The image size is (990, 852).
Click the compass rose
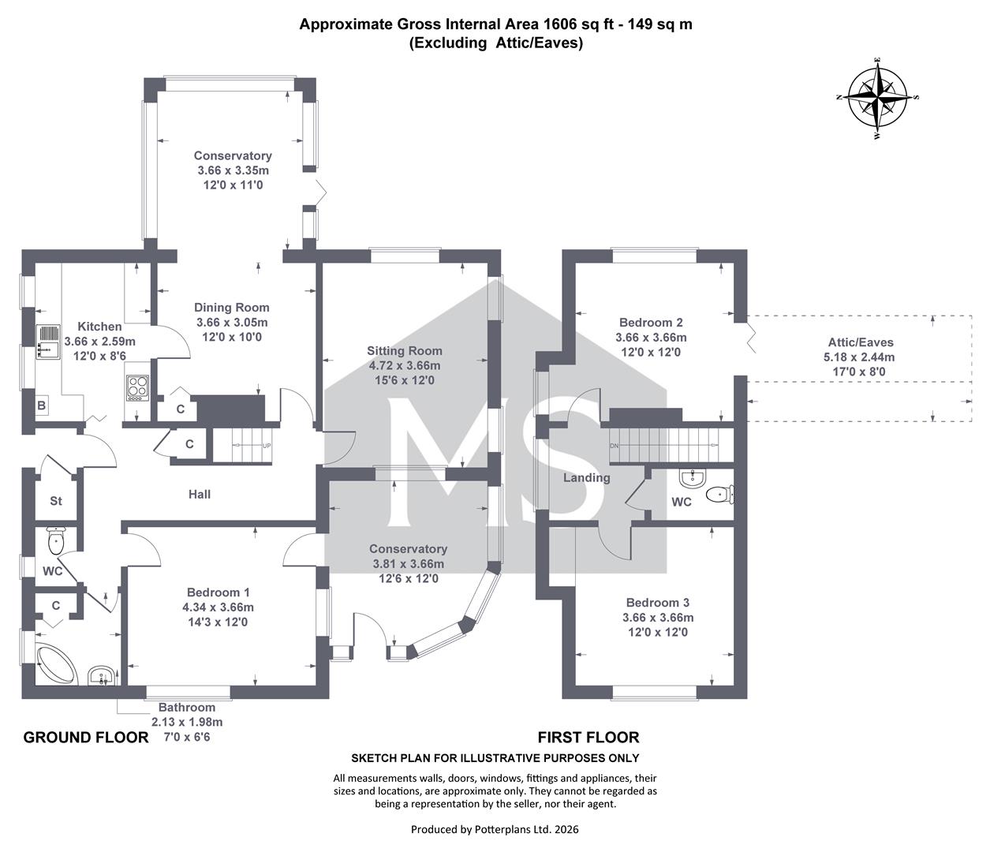tap(877, 98)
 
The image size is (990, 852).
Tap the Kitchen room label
tap(99, 327)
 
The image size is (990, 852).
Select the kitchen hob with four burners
tap(137, 388)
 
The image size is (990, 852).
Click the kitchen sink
tap(48, 342)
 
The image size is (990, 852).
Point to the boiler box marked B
tap(42, 405)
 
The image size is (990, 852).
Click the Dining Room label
tap(232, 308)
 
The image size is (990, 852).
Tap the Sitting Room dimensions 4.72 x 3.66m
tap(405, 366)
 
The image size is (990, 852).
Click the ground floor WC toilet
tap(57, 541)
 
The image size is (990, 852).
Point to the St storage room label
tap(56, 501)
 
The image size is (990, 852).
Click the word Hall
tap(200, 495)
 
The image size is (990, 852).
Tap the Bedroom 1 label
tap(218, 592)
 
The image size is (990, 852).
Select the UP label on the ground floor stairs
tap(267, 446)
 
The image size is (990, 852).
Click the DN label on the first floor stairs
tap(614, 446)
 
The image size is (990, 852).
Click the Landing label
tap(587, 477)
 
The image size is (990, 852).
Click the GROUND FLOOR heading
tap(86, 738)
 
